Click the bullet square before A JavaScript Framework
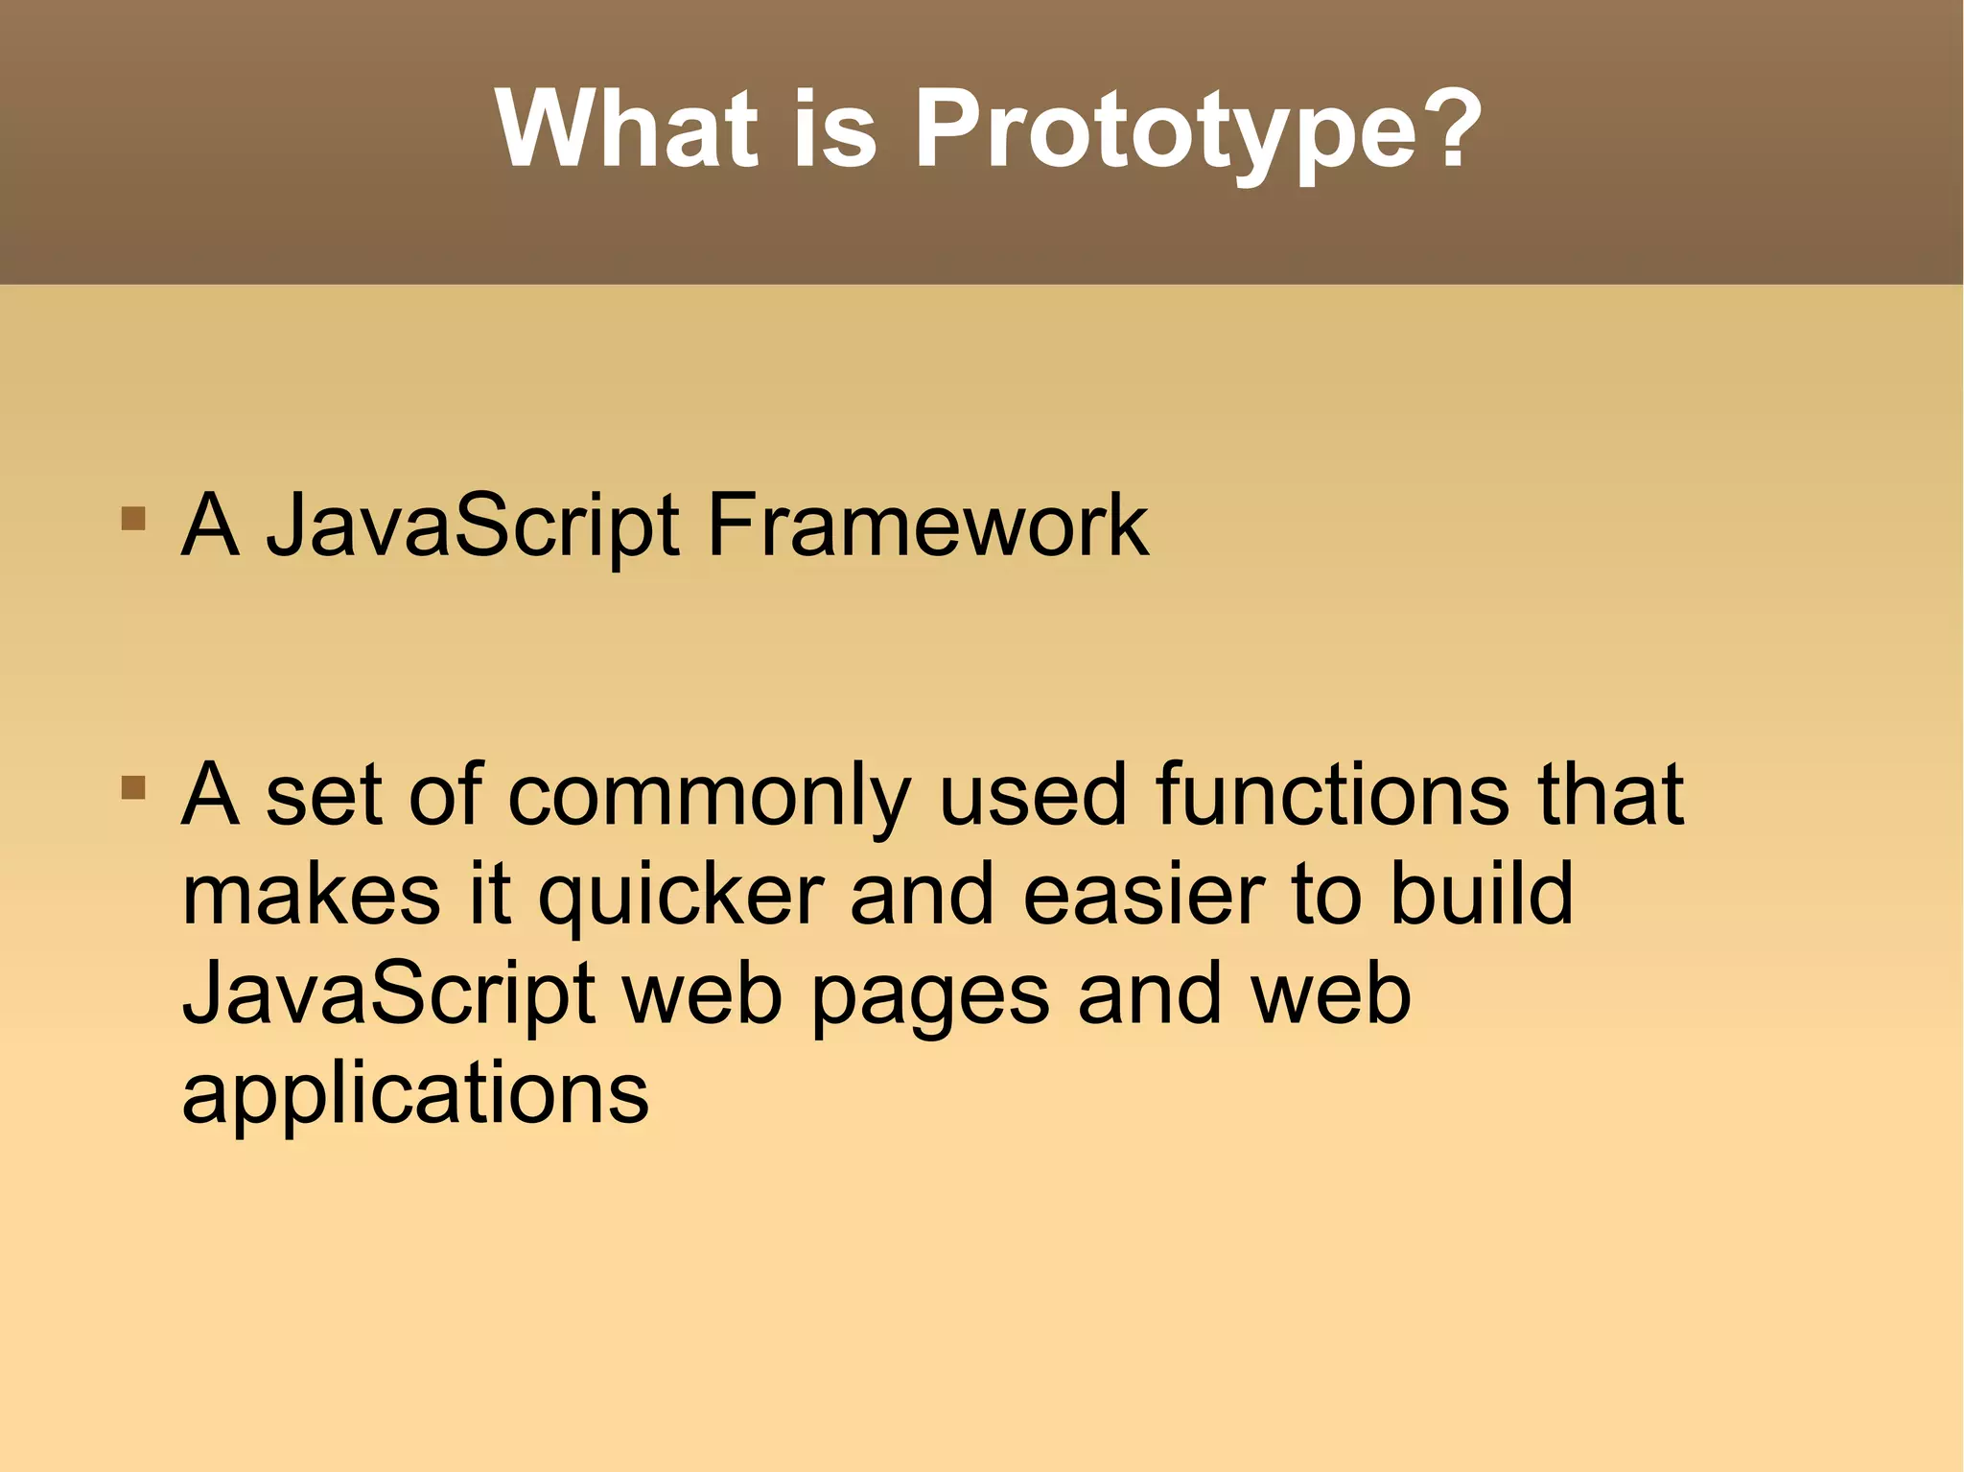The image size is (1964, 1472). [x=133, y=519]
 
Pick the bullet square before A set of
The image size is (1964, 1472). [x=133, y=788]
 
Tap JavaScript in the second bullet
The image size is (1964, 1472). [x=388, y=994]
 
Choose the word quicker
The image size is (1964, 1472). [x=681, y=896]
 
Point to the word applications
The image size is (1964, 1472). [x=415, y=1095]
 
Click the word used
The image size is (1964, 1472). [x=1032, y=796]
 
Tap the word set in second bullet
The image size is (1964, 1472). [x=324, y=796]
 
